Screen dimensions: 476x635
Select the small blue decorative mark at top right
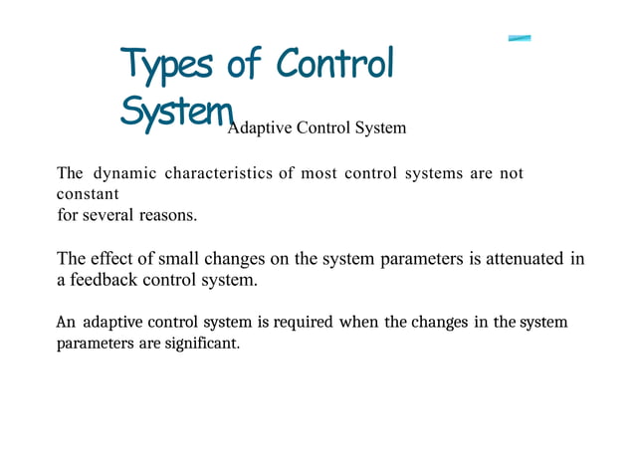coord(519,38)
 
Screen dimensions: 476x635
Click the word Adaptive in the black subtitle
coord(256,127)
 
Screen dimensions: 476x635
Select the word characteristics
coord(218,174)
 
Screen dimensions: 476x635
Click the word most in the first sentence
coord(318,174)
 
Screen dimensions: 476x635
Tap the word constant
coord(88,194)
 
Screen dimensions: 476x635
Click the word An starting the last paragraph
coord(66,323)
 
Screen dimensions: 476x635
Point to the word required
coord(304,323)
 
